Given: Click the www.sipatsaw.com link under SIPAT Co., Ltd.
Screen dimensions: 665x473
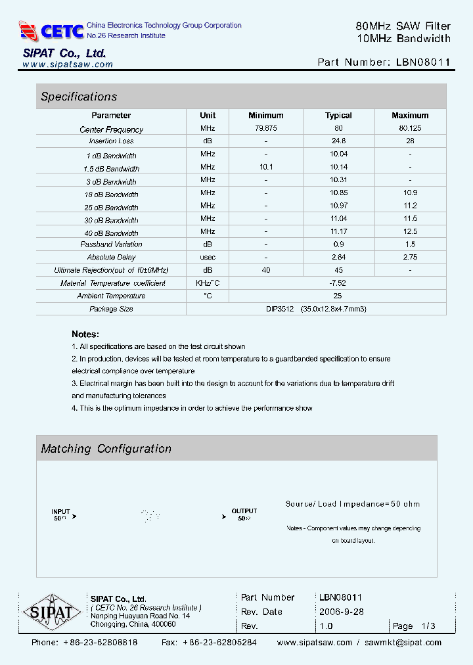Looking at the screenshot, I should tap(68, 64).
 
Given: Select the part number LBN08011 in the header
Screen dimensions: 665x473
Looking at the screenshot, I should tap(424, 62).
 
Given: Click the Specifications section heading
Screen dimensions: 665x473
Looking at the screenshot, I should tap(79, 97).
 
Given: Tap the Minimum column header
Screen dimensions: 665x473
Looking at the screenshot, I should tap(266, 116).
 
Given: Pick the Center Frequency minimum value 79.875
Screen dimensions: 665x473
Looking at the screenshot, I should tap(266, 129).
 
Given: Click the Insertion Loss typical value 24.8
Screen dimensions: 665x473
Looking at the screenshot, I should tap(338, 141).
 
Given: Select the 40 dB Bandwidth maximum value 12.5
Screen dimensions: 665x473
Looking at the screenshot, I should tap(410, 233).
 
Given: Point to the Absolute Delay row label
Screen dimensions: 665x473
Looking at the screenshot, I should tap(111, 258).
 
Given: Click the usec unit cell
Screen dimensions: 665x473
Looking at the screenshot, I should tap(208, 258).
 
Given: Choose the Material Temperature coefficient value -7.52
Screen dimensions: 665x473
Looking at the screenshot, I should tap(338, 283).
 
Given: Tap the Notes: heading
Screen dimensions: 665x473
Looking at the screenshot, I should tap(85, 334).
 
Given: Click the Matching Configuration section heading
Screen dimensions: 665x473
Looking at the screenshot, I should tap(106, 449).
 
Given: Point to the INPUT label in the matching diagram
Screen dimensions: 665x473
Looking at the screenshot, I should tap(60, 511).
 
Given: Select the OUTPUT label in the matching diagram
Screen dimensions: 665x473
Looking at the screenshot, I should tap(244, 511).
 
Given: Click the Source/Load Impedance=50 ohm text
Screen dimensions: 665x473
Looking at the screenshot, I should tap(352, 504).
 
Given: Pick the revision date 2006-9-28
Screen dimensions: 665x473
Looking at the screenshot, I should tap(342, 612).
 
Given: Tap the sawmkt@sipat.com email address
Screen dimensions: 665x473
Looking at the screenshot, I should tap(403, 643).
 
